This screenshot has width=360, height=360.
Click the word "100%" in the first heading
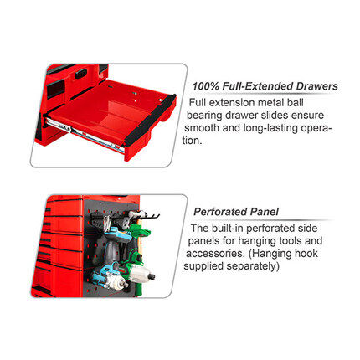[205, 86]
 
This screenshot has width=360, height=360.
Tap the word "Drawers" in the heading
[316, 86]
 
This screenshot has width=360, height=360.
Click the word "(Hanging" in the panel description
[283, 254]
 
